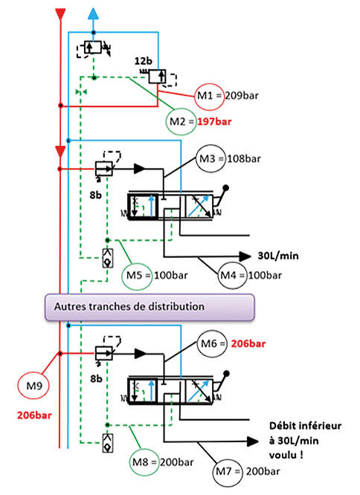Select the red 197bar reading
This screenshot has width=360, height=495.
214,122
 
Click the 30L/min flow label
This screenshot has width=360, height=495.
278,256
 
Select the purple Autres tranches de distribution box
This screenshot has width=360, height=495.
150,307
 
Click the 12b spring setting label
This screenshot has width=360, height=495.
143,61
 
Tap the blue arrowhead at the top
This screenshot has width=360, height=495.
93,14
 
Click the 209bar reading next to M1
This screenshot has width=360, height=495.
242,95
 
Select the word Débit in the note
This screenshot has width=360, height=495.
281,426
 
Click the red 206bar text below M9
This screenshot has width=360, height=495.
34,415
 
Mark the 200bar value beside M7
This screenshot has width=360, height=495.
263,471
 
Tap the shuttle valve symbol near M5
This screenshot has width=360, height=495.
108,258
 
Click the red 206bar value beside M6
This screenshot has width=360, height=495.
248,343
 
